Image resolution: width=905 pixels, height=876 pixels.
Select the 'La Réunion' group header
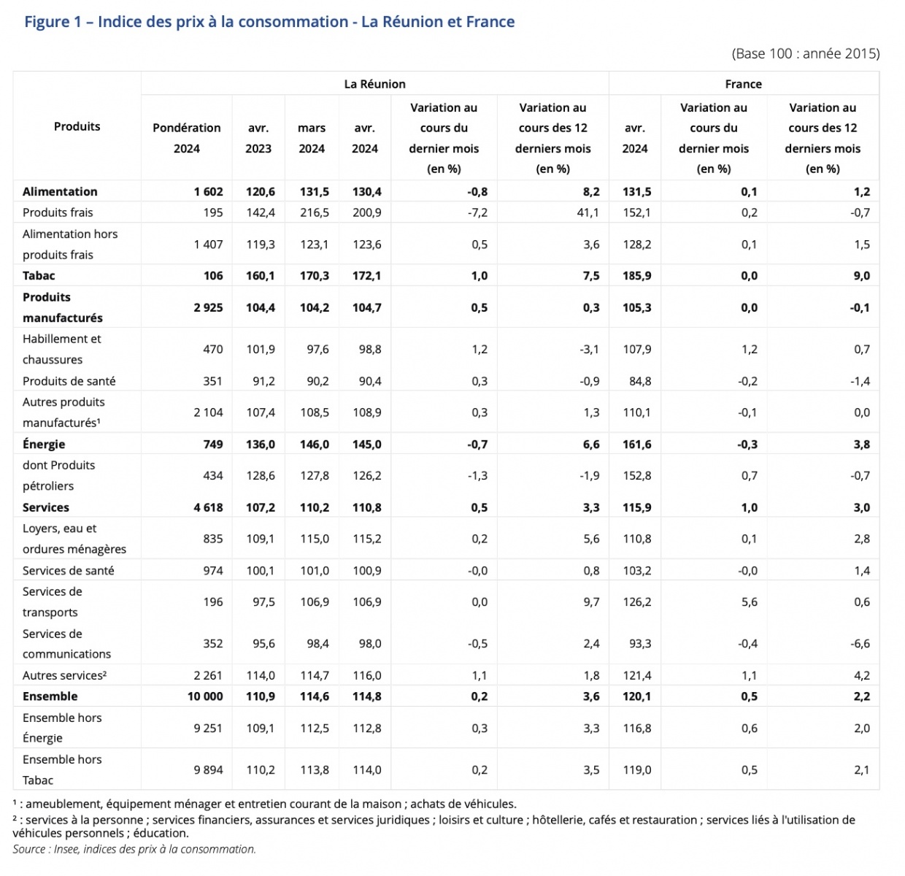pyautogui.click(x=374, y=84)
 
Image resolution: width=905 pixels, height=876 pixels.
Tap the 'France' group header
pyautogui.click(x=743, y=84)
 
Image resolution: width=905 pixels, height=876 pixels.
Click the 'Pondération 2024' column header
pyautogui.click(x=187, y=138)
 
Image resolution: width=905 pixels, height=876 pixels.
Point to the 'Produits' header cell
pyautogui.click(x=77, y=126)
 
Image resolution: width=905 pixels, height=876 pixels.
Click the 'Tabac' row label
pyautogui.click(x=39, y=275)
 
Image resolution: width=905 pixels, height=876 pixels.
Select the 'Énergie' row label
pyautogui.click(x=44, y=444)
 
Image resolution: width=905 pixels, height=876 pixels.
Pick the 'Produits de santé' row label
pyautogui.click(x=69, y=381)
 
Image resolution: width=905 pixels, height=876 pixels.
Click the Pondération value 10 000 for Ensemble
pyautogui.click(x=205, y=696)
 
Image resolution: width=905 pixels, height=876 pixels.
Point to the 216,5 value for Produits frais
pyautogui.click(x=315, y=212)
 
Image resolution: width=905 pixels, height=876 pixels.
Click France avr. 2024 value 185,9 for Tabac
pyautogui.click(x=637, y=275)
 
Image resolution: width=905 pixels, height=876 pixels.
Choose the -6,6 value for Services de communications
pyautogui.click(x=860, y=643)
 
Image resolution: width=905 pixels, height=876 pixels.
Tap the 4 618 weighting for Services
pyautogui.click(x=208, y=507)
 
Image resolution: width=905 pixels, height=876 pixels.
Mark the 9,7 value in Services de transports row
pyautogui.click(x=592, y=602)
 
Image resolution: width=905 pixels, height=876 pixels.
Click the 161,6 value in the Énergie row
pyautogui.click(x=637, y=445)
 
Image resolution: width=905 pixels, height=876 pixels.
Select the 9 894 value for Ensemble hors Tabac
pyautogui.click(x=208, y=770)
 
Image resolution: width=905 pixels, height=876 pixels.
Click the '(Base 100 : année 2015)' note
pyautogui.click(x=806, y=53)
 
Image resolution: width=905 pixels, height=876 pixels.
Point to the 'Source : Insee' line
pyautogui.click(x=134, y=849)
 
